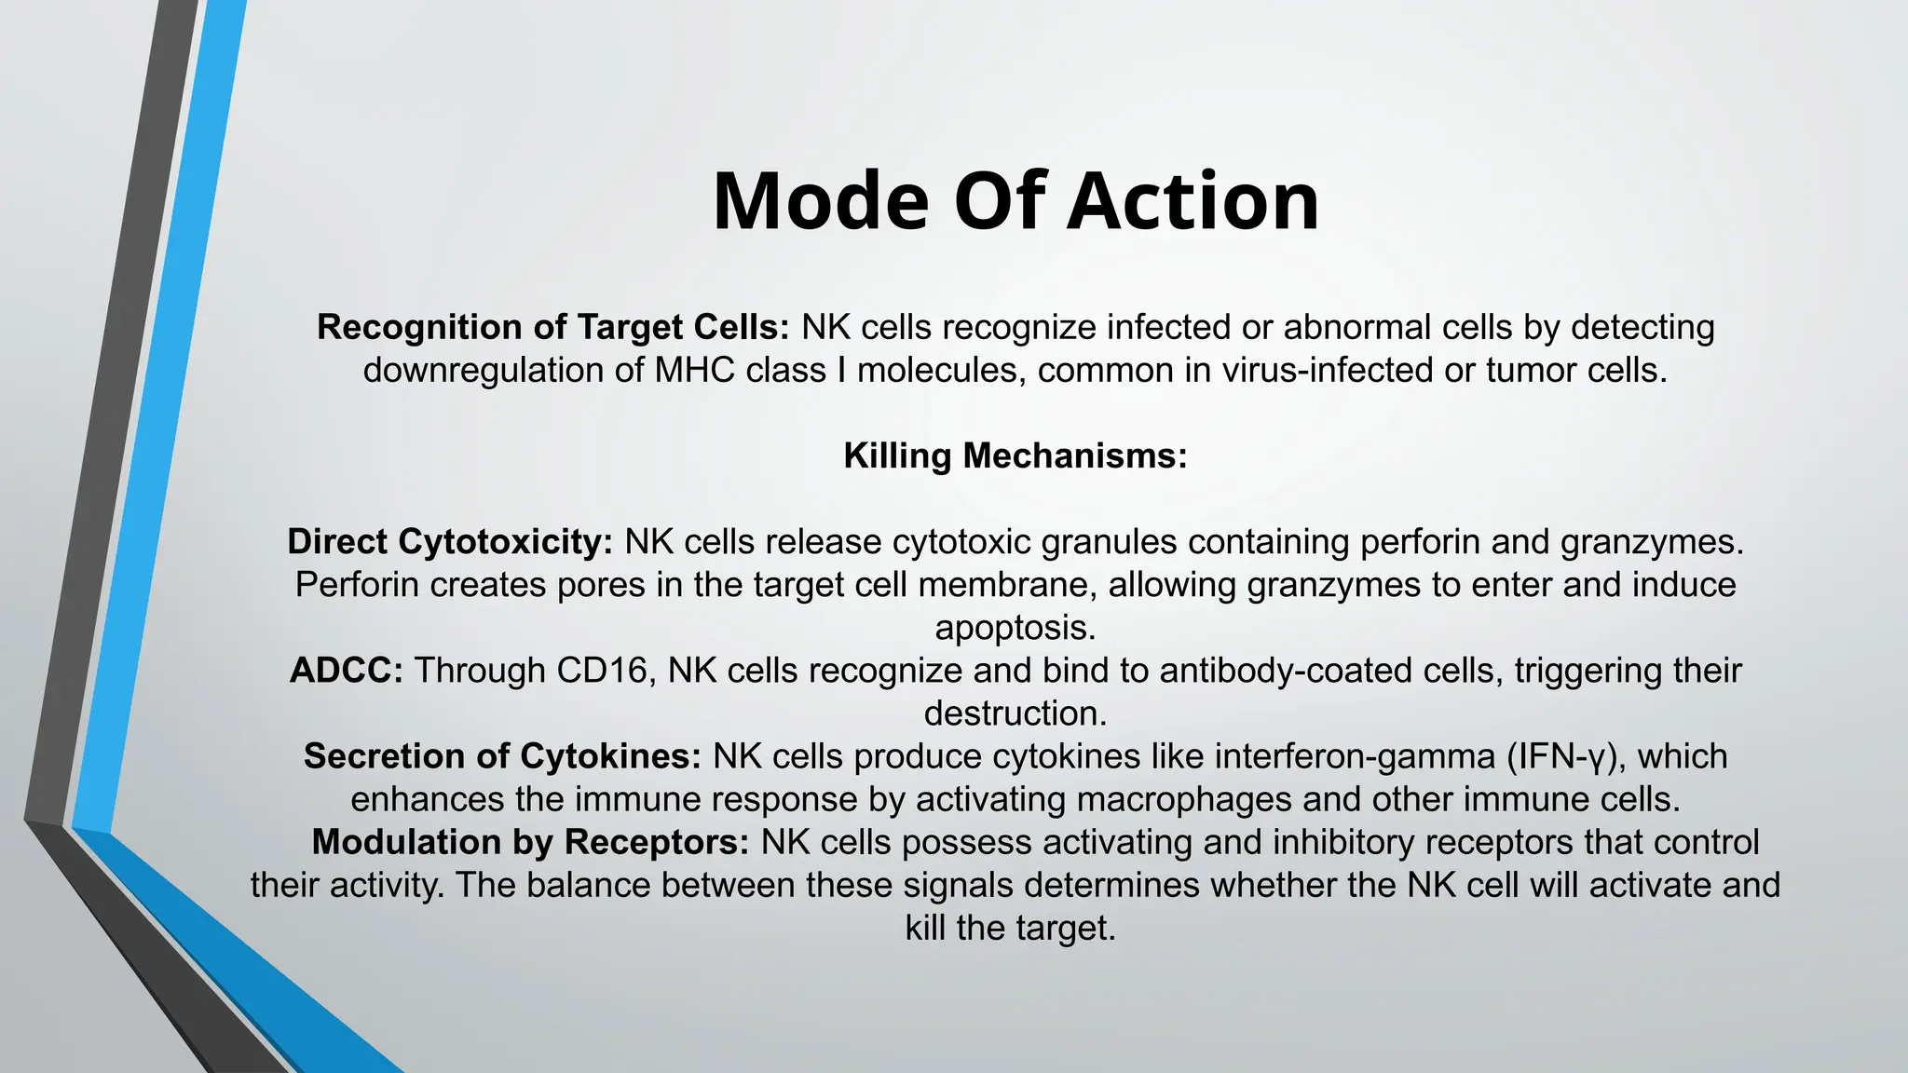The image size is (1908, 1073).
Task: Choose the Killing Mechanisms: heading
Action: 1015,456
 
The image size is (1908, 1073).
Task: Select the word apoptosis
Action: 1015,628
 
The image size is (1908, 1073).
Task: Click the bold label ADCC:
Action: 346,671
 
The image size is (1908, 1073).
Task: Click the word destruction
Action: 1015,713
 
